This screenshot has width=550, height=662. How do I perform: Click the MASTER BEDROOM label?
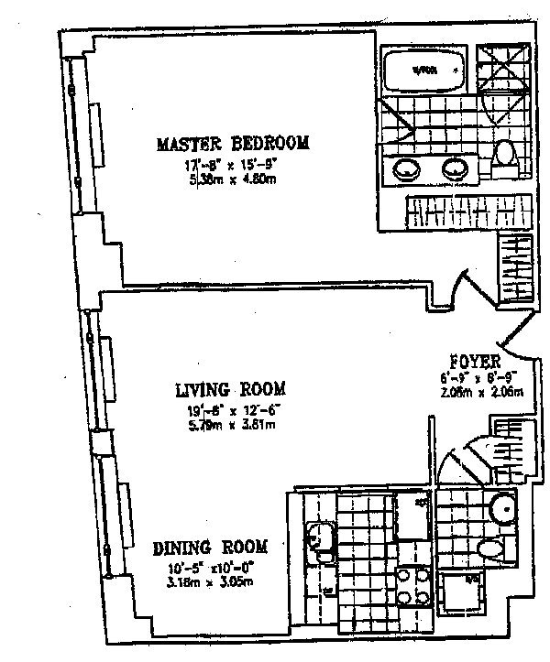232,144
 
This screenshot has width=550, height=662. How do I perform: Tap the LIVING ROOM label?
230,388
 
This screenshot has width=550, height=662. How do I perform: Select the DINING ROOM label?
210,548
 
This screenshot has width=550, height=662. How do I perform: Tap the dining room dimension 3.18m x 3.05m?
210,580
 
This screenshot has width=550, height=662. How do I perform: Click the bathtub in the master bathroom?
422,70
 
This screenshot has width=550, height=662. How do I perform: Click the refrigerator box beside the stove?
411,516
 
